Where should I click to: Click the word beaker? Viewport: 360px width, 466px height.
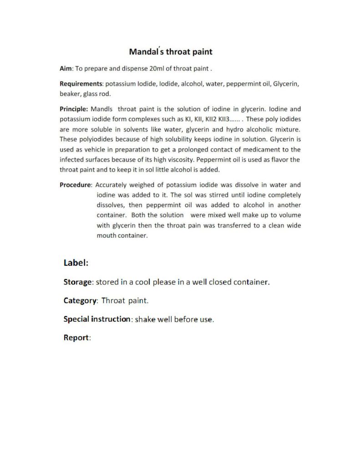(70, 94)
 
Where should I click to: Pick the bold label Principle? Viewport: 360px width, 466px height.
(74, 109)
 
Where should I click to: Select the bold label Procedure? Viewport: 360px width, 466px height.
(76, 185)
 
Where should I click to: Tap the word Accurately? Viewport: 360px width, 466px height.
(112, 185)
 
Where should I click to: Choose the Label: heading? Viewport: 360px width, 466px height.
(76, 263)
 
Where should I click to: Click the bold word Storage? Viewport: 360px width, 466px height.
(78, 282)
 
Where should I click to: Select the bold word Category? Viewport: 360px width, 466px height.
(80, 301)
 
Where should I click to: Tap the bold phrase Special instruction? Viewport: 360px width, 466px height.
(97, 319)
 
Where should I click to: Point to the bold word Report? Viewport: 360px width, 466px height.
(76, 338)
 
